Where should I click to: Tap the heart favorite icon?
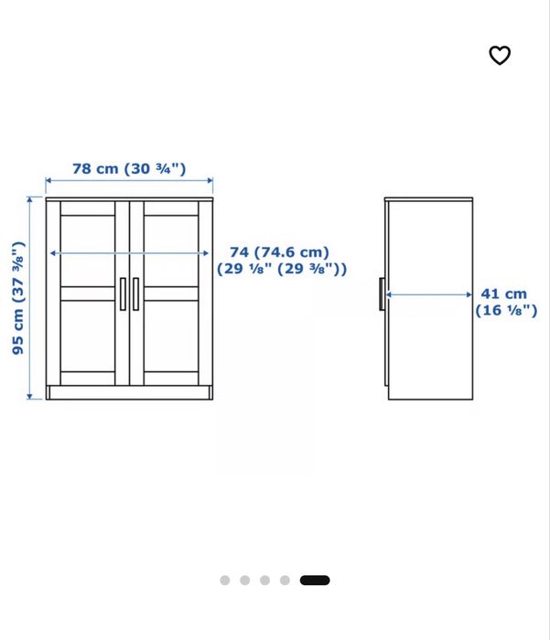(x=500, y=55)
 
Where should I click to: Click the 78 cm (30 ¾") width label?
(x=129, y=168)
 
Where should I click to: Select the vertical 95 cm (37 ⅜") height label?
(x=18, y=298)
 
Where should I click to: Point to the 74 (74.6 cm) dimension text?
(x=279, y=252)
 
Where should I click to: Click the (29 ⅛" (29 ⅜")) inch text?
(x=282, y=269)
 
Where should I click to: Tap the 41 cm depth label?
(x=503, y=293)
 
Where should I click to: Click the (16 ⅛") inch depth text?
(x=506, y=310)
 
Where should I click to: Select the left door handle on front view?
(x=123, y=293)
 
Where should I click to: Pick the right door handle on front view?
(x=135, y=293)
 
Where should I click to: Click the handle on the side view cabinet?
(x=382, y=293)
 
